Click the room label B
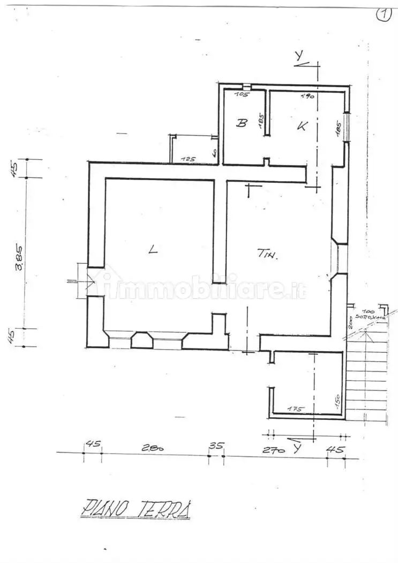point(242,123)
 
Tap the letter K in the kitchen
point(302,126)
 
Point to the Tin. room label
point(266,255)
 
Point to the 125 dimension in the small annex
point(188,159)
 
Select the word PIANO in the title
point(104,508)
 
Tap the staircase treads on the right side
point(366,375)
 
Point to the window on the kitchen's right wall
point(347,127)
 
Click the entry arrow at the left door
point(74,281)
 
